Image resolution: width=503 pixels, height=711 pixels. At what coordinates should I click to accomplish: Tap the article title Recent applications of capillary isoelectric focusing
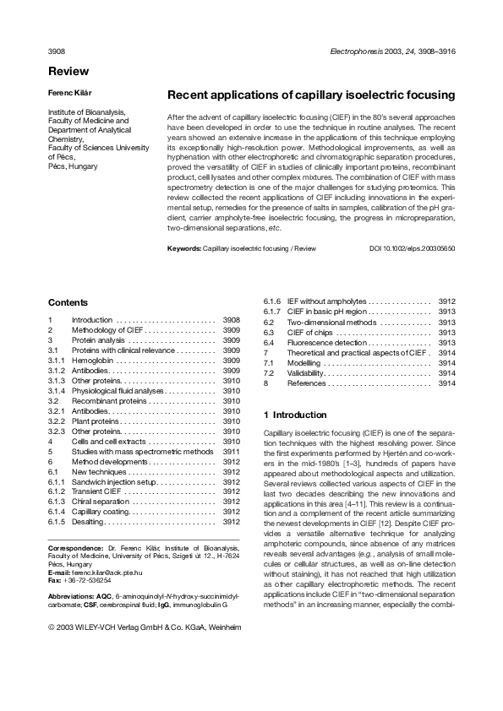pos(311,95)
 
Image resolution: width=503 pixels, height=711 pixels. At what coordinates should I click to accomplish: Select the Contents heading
pos(68,302)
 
